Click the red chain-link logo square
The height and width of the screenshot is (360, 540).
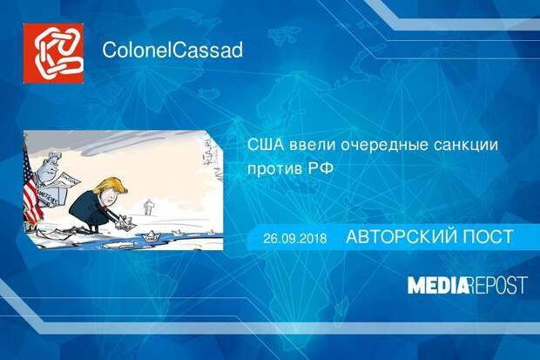coord(53,53)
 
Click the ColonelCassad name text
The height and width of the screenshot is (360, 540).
coord(172,50)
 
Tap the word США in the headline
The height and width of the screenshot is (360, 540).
coord(266,145)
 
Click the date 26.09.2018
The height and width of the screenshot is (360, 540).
coord(295,238)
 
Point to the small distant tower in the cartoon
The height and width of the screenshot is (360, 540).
coord(148,207)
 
